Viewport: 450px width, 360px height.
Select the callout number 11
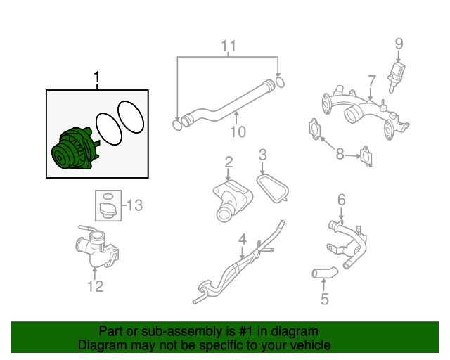[227, 47]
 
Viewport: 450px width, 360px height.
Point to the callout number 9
[399, 44]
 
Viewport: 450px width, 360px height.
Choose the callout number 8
[340, 154]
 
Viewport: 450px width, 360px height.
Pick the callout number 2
[229, 163]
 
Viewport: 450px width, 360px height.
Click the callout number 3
[262, 154]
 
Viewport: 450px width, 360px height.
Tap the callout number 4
[242, 240]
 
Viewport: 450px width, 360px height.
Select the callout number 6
[342, 200]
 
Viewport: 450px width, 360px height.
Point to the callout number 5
[324, 299]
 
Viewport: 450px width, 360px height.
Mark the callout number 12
[95, 285]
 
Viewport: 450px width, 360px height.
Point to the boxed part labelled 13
[108, 206]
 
